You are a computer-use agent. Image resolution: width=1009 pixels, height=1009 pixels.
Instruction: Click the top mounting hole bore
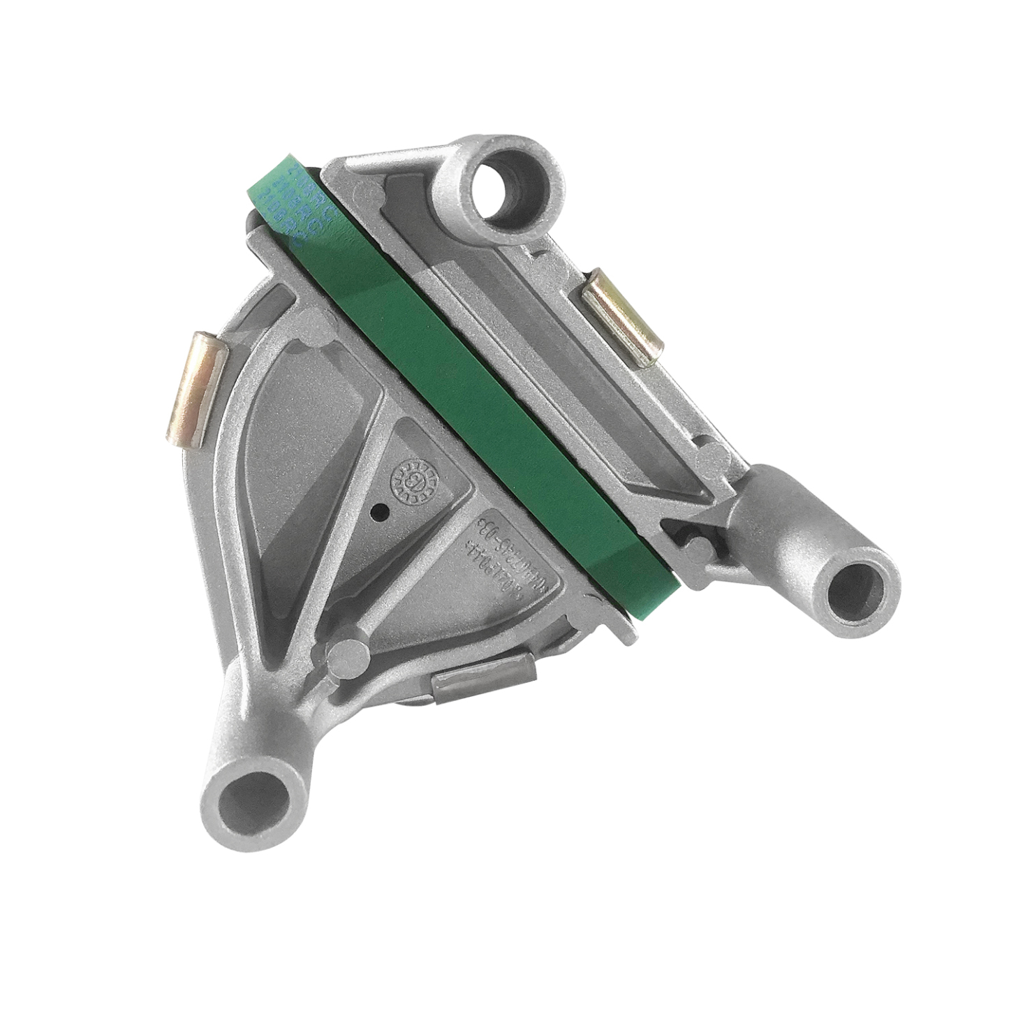500,186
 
